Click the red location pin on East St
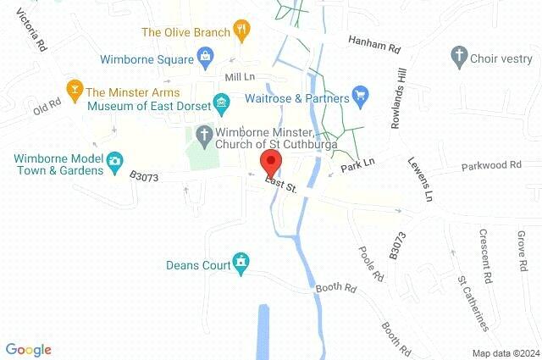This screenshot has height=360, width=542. click(271, 162)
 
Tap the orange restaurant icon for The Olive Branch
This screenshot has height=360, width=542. click(243, 32)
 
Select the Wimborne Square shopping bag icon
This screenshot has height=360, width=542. click(205, 58)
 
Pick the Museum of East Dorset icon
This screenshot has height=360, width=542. click(222, 105)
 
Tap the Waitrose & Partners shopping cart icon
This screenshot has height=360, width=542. click(360, 96)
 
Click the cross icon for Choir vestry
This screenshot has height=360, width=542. click(460, 57)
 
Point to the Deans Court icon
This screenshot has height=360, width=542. click(242, 264)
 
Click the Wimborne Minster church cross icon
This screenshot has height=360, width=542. click(204, 134)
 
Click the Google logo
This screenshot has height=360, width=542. click(29, 349)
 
